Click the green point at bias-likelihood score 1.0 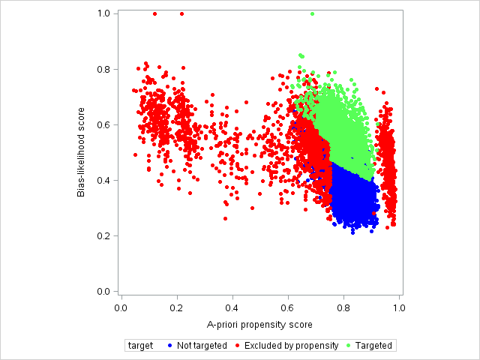pyautogui.click(x=312, y=13)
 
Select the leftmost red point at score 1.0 pyautogui.click(x=154, y=13)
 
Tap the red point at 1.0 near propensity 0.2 pyautogui.click(x=181, y=13)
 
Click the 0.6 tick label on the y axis pyautogui.click(x=104, y=124)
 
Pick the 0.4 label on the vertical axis pyautogui.click(x=104, y=180)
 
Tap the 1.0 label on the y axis pyautogui.click(x=104, y=13)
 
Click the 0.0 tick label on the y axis pyautogui.click(x=104, y=291)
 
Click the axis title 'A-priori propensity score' pyautogui.click(x=259, y=325)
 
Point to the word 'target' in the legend pyautogui.click(x=141, y=346)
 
